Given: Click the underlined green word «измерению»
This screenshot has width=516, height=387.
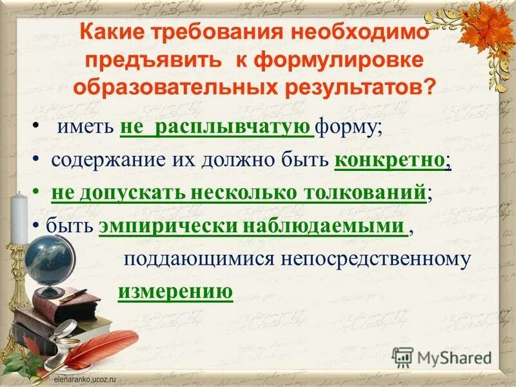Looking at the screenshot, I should click(x=175, y=291).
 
